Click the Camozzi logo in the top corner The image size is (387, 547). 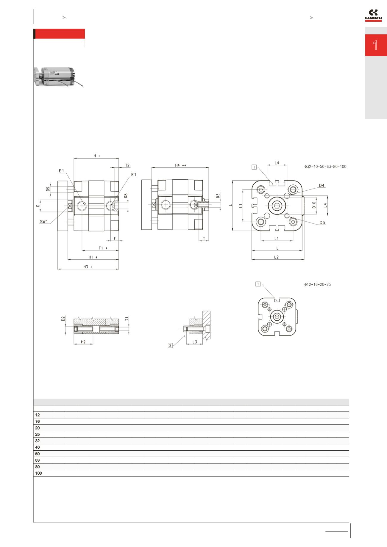(373, 16)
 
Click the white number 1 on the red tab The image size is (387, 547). (375, 45)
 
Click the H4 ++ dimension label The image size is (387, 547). (180, 165)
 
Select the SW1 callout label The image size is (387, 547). (44, 222)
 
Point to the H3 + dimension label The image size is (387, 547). (88, 267)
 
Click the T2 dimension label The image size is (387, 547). (127, 165)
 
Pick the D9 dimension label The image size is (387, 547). (48, 189)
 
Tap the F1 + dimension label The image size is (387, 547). (103, 248)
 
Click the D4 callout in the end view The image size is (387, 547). (322, 186)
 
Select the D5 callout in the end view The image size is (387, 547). (322, 222)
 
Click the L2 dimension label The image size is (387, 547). (276, 257)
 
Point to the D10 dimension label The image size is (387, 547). (314, 205)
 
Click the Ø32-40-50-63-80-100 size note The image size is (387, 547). (325, 167)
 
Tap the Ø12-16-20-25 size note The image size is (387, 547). (317, 284)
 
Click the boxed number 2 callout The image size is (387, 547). (170, 345)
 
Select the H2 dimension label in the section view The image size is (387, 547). (83, 342)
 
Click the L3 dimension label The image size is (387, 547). (194, 342)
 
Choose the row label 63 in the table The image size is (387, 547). (37, 460)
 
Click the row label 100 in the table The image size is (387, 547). (38, 473)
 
